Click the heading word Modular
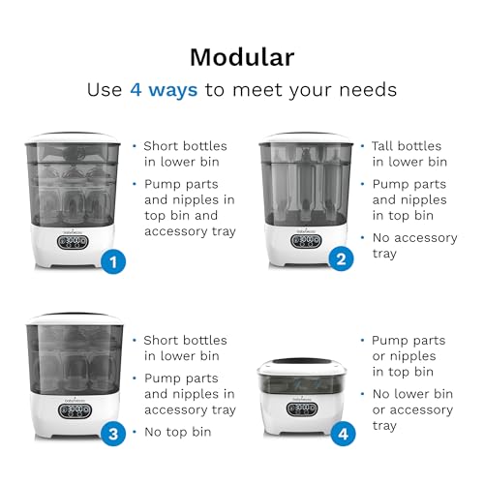click(242, 57)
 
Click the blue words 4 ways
click(164, 89)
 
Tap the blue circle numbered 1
click(113, 261)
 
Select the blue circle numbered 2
click(341, 259)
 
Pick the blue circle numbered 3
click(113, 434)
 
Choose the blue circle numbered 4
click(343, 434)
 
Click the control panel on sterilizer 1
click(73, 242)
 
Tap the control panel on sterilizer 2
click(306, 241)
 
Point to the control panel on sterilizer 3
click(75, 410)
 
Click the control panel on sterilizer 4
click(302, 409)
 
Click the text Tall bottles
click(407, 146)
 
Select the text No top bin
click(178, 432)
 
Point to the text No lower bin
click(412, 394)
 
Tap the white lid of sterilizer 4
click(302, 367)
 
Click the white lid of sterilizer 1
click(73, 137)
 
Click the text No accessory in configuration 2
click(415, 238)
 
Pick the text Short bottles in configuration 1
click(185, 146)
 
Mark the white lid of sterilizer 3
click(75, 318)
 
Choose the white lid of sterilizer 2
click(306, 137)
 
